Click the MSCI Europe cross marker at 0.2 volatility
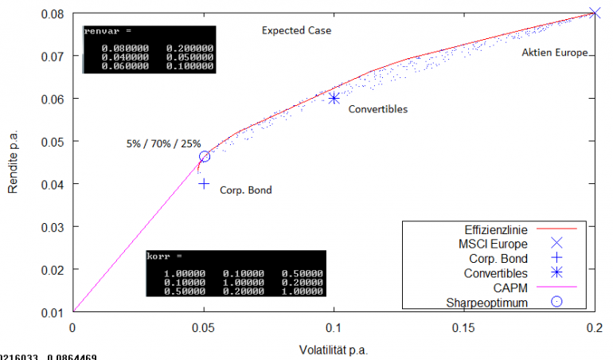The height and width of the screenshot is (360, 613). pos(595,13)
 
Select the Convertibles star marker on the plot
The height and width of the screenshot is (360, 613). pos(334,98)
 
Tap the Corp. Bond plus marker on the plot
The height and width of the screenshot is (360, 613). pos(204,183)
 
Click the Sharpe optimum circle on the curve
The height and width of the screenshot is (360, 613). pos(205,156)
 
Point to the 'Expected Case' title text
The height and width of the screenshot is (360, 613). pos(296,31)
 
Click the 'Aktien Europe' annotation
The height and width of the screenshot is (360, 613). pos(554,53)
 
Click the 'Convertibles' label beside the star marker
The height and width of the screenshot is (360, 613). pos(378,109)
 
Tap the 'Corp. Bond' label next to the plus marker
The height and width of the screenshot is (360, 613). pos(245,190)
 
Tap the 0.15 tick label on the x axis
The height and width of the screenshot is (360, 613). pos(464,327)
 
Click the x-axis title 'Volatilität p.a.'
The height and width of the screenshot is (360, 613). pos(334,350)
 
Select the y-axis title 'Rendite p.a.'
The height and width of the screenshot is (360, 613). pos(14,163)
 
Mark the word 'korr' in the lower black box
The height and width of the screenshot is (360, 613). pos(162,257)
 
